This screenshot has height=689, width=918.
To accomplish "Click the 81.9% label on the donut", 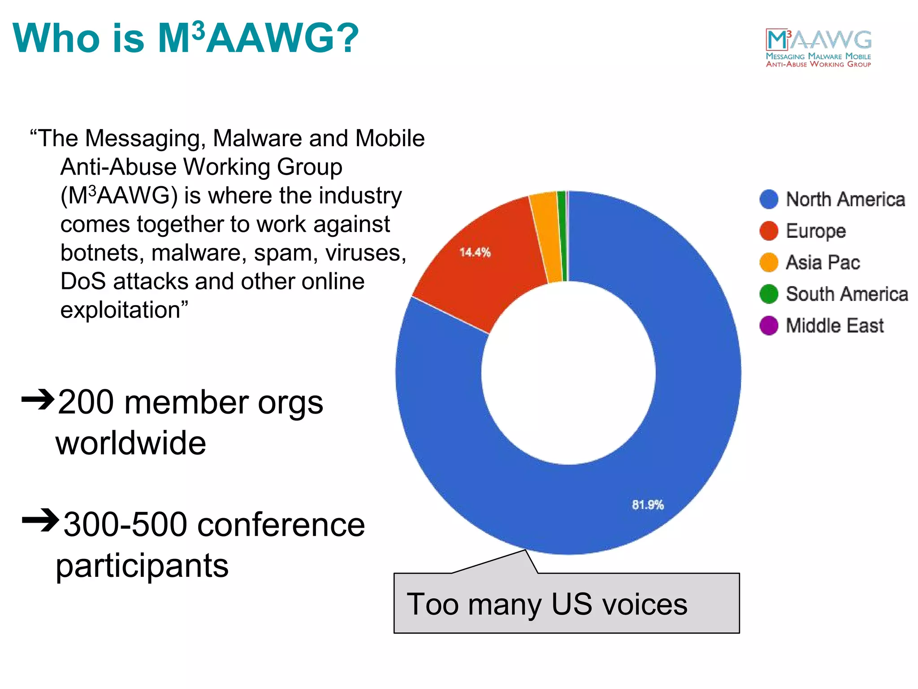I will (647, 505).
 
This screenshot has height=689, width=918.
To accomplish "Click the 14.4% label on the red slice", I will (475, 252).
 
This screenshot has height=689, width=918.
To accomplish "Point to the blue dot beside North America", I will (769, 199).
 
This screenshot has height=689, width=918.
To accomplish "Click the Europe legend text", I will (815, 231).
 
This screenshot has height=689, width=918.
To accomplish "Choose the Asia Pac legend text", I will (823, 262).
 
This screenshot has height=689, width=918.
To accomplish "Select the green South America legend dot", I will (769, 294).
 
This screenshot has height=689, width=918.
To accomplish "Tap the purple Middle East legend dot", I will (769, 325).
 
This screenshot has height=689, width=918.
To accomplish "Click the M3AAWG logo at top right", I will (818, 48).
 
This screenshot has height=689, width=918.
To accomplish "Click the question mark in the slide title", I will (345, 38).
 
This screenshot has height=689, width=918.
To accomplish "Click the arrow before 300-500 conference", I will (40, 520).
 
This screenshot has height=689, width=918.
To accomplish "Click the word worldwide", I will (130, 443).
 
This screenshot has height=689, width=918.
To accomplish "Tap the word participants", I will (142, 566).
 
